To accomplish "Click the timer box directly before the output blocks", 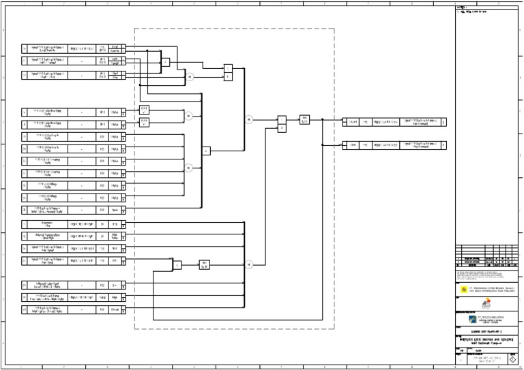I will click(305, 119).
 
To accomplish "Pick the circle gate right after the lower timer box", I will click(249, 264).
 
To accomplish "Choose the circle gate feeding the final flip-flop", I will click(249, 119).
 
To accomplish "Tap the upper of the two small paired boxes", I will click(144, 109).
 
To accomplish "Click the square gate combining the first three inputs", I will click(166, 62).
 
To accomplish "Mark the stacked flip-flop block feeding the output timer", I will click(281, 123).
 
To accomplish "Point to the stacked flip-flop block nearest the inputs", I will click(229, 72).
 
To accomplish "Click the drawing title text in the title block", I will click(487, 339).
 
